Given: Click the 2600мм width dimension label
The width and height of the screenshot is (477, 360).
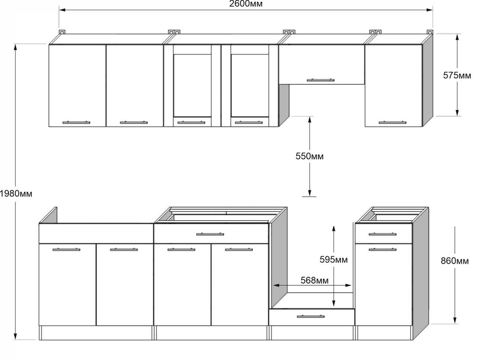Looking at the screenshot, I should (246, 4).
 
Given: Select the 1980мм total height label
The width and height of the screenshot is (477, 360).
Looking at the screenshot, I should (16, 194).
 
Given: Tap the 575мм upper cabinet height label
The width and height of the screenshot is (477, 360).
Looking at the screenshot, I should (457, 75).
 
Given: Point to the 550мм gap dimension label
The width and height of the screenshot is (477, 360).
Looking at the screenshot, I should (310, 156).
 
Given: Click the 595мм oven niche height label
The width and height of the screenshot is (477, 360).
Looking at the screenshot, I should (334, 259).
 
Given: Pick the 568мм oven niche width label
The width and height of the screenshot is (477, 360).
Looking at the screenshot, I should (314, 280).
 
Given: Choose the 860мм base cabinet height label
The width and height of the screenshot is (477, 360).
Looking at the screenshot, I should (455, 261).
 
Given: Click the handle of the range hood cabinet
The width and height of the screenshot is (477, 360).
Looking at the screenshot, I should (321, 80).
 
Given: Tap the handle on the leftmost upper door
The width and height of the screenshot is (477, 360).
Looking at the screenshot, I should (76, 122).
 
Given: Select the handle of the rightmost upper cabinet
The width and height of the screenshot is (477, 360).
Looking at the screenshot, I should (393, 122).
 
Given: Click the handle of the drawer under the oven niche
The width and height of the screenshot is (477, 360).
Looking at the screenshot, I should (311, 316).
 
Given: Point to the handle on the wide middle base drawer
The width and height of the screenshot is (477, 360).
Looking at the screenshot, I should (210, 234).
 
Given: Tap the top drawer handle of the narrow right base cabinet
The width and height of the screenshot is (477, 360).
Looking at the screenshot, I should (382, 234).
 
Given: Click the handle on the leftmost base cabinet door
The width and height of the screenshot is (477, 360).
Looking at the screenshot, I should (66, 250).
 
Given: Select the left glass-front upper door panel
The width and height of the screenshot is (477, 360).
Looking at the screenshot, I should (192, 85).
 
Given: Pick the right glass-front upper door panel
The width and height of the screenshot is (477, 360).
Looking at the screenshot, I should (249, 85).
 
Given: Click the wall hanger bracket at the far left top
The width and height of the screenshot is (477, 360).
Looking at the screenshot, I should (62, 32).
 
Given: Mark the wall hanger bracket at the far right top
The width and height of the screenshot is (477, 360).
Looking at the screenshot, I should (430, 32).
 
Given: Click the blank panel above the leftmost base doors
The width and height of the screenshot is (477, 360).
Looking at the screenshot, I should (96, 233).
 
